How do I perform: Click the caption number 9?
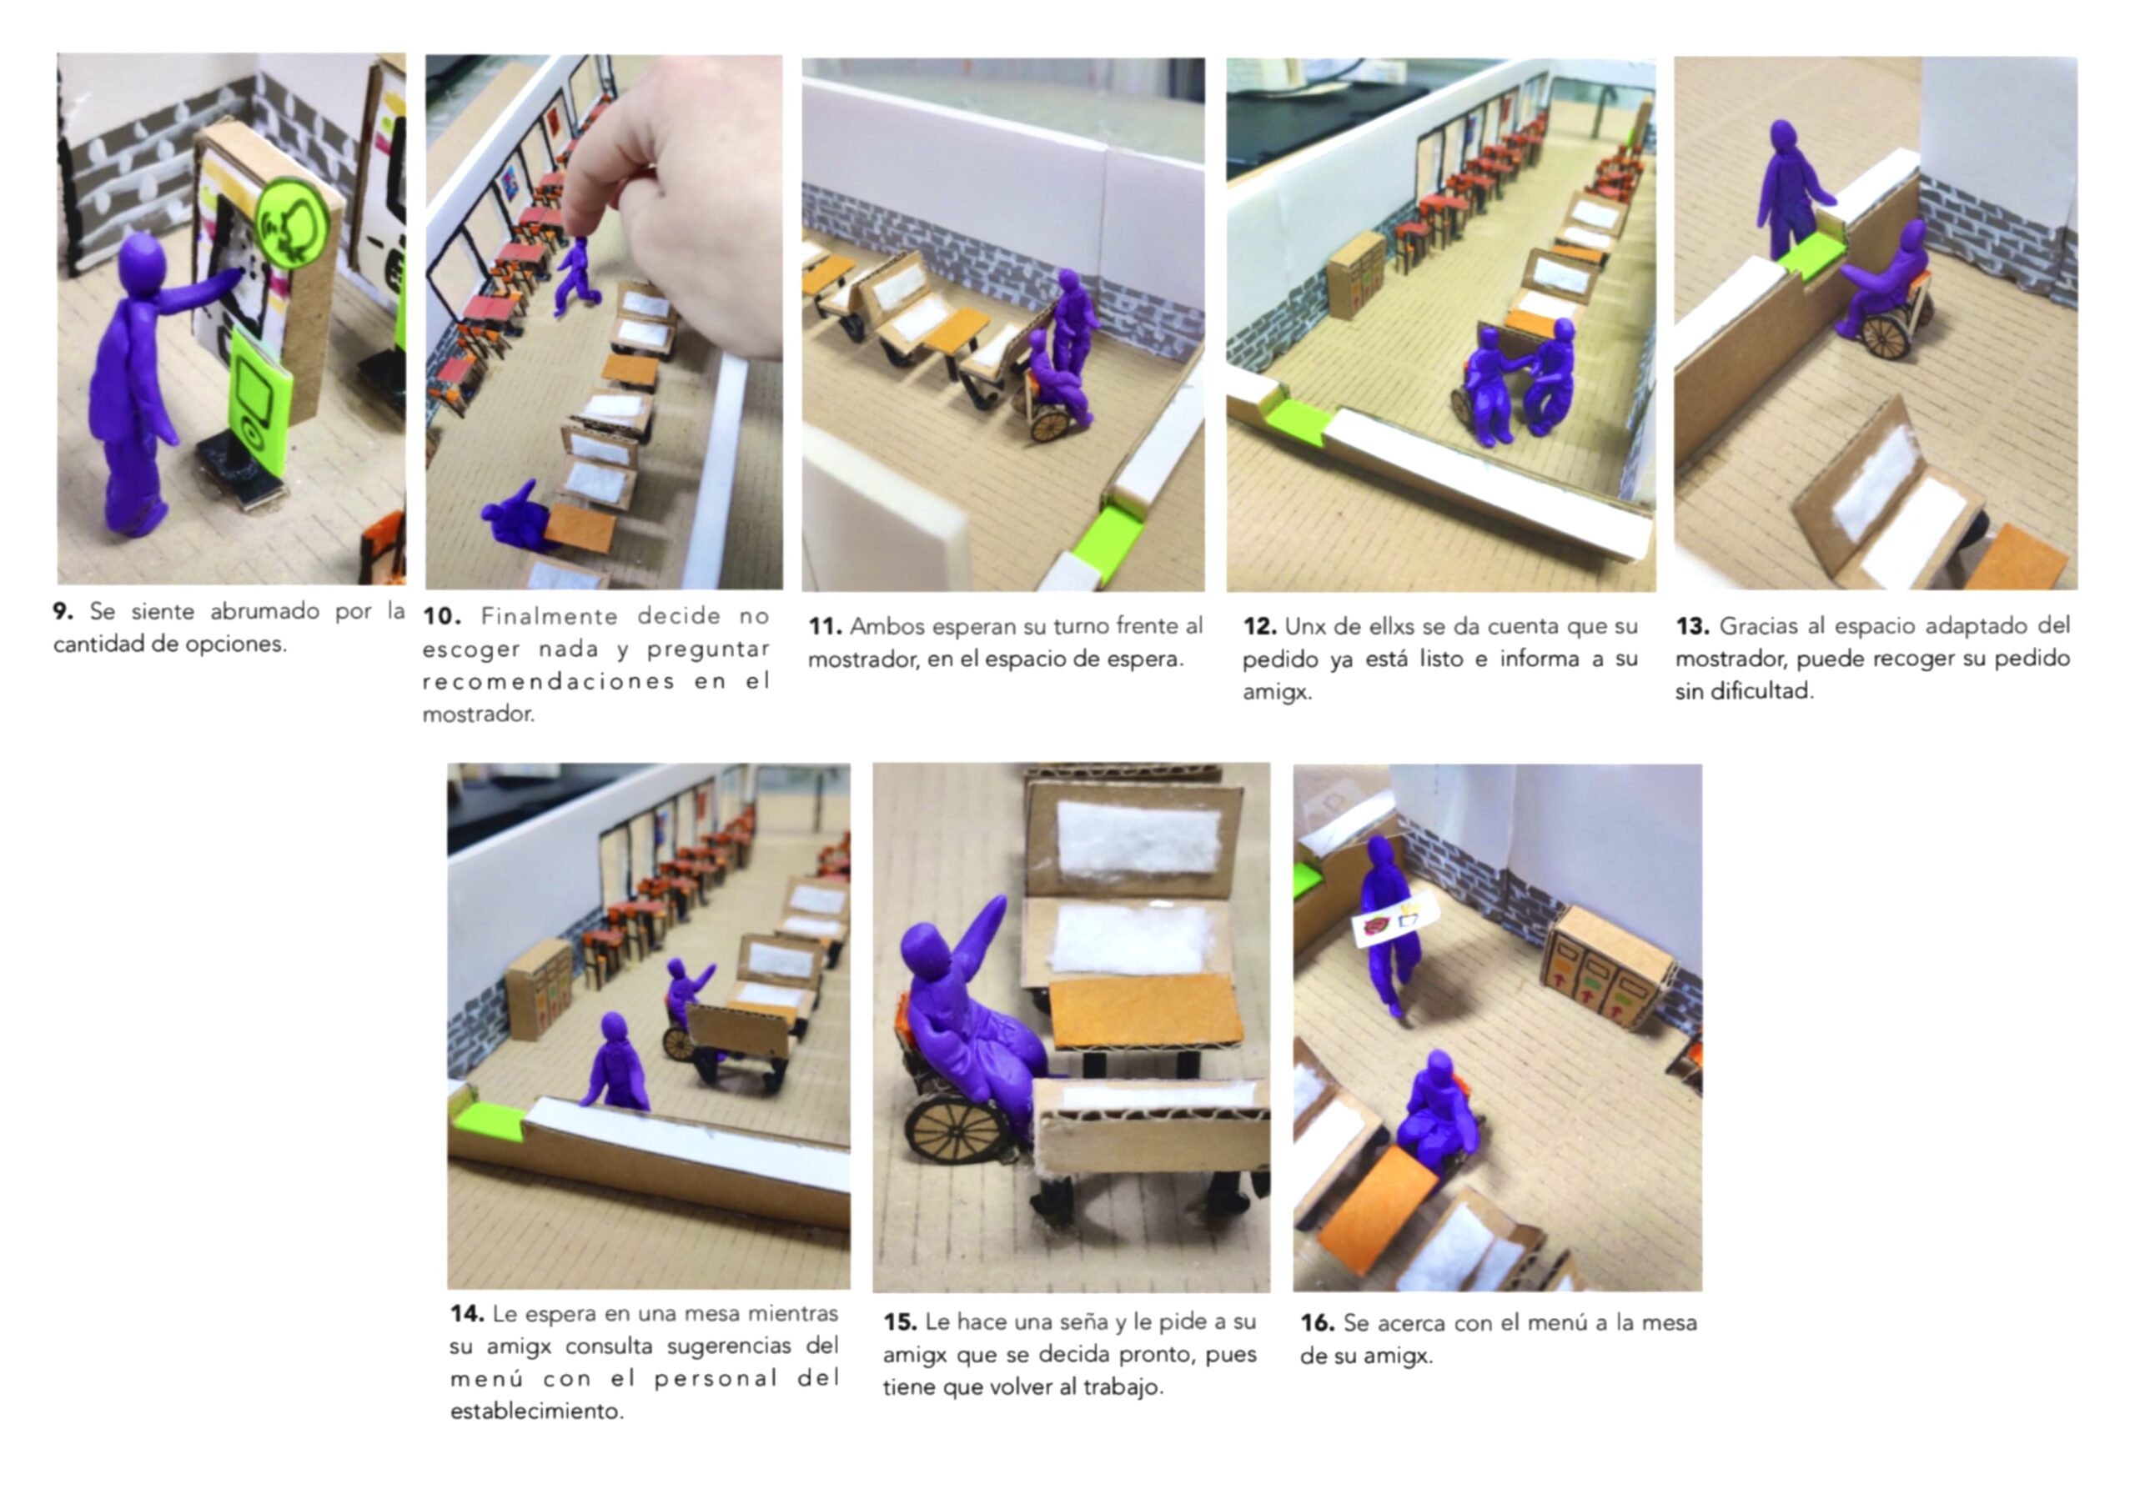[63, 612]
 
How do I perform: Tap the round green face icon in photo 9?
[294, 224]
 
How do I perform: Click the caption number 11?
[825, 627]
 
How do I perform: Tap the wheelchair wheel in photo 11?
[1050, 424]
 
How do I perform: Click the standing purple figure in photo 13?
[1790, 191]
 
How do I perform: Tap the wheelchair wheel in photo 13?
[1885, 337]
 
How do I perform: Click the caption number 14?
[467, 1314]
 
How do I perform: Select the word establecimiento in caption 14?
[536, 1411]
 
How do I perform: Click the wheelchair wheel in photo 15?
[957, 1128]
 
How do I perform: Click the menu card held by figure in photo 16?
[1394, 920]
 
